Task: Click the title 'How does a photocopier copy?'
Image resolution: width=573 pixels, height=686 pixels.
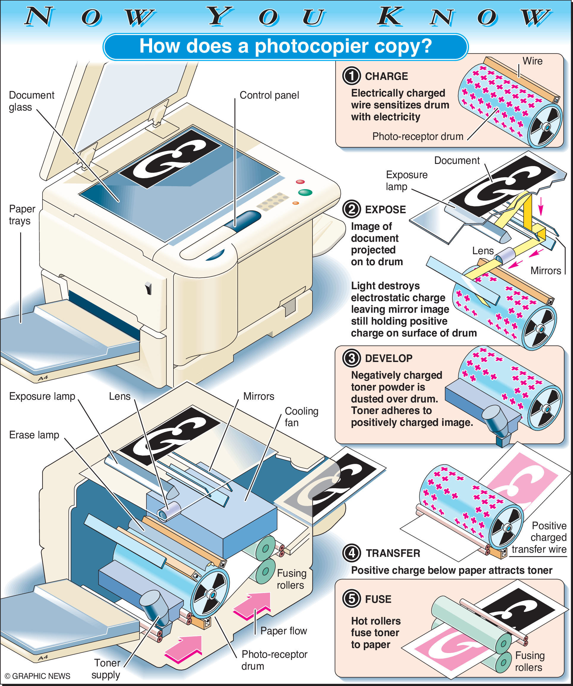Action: [x=285, y=46]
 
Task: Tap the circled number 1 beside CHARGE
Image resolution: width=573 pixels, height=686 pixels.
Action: [x=351, y=76]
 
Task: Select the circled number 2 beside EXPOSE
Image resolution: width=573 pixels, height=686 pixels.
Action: [x=351, y=209]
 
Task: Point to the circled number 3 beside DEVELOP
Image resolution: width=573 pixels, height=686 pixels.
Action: [x=351, y=358]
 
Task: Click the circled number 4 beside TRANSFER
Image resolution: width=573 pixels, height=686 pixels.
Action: [x=351, y=553]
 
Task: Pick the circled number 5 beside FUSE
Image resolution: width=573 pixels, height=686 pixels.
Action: [x=351, y=599]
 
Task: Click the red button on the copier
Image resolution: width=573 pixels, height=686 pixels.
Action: [x=300, y=182]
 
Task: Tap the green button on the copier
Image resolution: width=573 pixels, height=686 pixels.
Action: [x=305, y=192]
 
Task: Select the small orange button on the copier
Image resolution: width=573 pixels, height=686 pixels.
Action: [x=296, y=203]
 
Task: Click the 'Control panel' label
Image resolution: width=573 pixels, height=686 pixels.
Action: [x=269, y=95]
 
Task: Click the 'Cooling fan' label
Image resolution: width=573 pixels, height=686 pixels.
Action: [x=301, y=417]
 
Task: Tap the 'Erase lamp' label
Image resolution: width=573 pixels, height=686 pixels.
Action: [x=34, y=435]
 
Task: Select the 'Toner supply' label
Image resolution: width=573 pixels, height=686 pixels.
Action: [x=106, y=669]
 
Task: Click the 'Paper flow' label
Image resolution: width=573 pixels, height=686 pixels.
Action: [x=284, y=631]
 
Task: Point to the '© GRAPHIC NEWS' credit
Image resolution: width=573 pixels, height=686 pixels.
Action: [x=37, y=676]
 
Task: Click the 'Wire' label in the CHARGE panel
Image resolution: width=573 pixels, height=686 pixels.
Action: [x=532, y=61]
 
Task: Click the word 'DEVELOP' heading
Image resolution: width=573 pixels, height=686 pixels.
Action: [x=389, y=358]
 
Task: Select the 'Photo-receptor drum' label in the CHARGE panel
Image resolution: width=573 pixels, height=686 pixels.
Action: [x=418, y=136]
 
